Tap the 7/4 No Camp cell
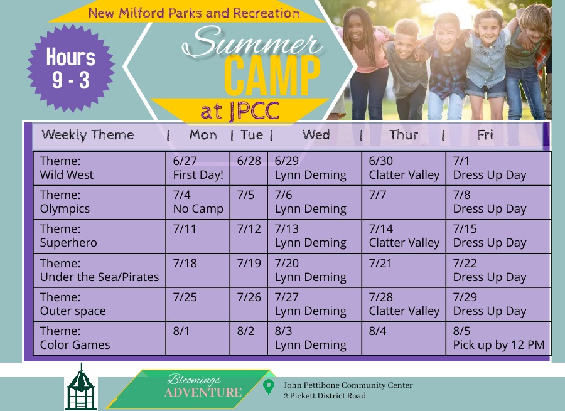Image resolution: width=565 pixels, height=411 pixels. click(198, 202)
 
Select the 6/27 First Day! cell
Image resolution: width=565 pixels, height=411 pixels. click(198, 168)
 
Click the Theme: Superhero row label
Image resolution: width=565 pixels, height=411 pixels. click(100, 236)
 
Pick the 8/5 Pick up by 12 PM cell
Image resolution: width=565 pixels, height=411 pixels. click(498, 338)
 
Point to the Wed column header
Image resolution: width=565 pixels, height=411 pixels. click(316, 135)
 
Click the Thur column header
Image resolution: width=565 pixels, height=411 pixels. click(404, 135)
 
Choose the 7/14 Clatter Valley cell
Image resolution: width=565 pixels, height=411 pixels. click(404, 236)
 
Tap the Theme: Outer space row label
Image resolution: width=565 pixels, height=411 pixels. click(100, 304)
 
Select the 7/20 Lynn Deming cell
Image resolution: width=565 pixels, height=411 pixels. click(315, 270)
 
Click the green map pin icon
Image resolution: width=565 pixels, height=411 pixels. click(269, 387)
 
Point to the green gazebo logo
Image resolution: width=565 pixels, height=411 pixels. click(81, 388)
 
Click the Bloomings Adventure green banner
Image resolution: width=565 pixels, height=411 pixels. click(195, 387)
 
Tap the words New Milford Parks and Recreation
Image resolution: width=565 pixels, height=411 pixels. click(193, 13)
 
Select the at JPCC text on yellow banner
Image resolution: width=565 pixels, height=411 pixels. click(240, 111)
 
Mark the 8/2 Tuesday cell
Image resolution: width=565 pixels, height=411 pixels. click(249, 338)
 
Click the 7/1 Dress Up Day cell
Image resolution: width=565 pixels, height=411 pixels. click(498, 168)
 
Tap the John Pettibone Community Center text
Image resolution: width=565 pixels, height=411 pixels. click(348, 385)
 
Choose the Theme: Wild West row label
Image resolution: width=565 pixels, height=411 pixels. click(100, 168)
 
